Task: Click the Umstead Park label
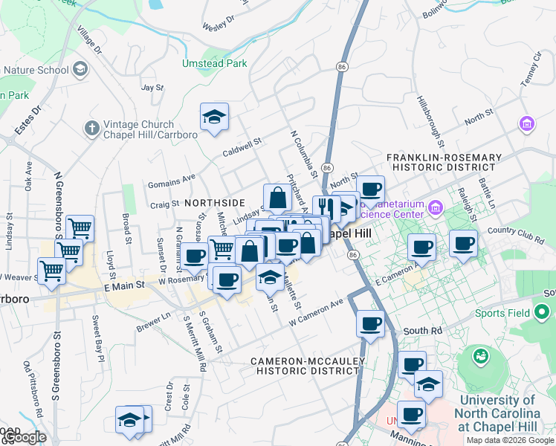[215, 64]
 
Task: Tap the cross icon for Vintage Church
[91, 129]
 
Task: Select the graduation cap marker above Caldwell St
[214, 117]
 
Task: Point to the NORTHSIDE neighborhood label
[214, 202]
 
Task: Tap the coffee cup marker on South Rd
[370, 323]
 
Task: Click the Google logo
[24, 438]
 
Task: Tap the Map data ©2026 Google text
[510, 440]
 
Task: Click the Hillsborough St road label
[430, 121]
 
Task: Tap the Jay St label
[152, 87]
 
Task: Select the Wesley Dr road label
[219, 22]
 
